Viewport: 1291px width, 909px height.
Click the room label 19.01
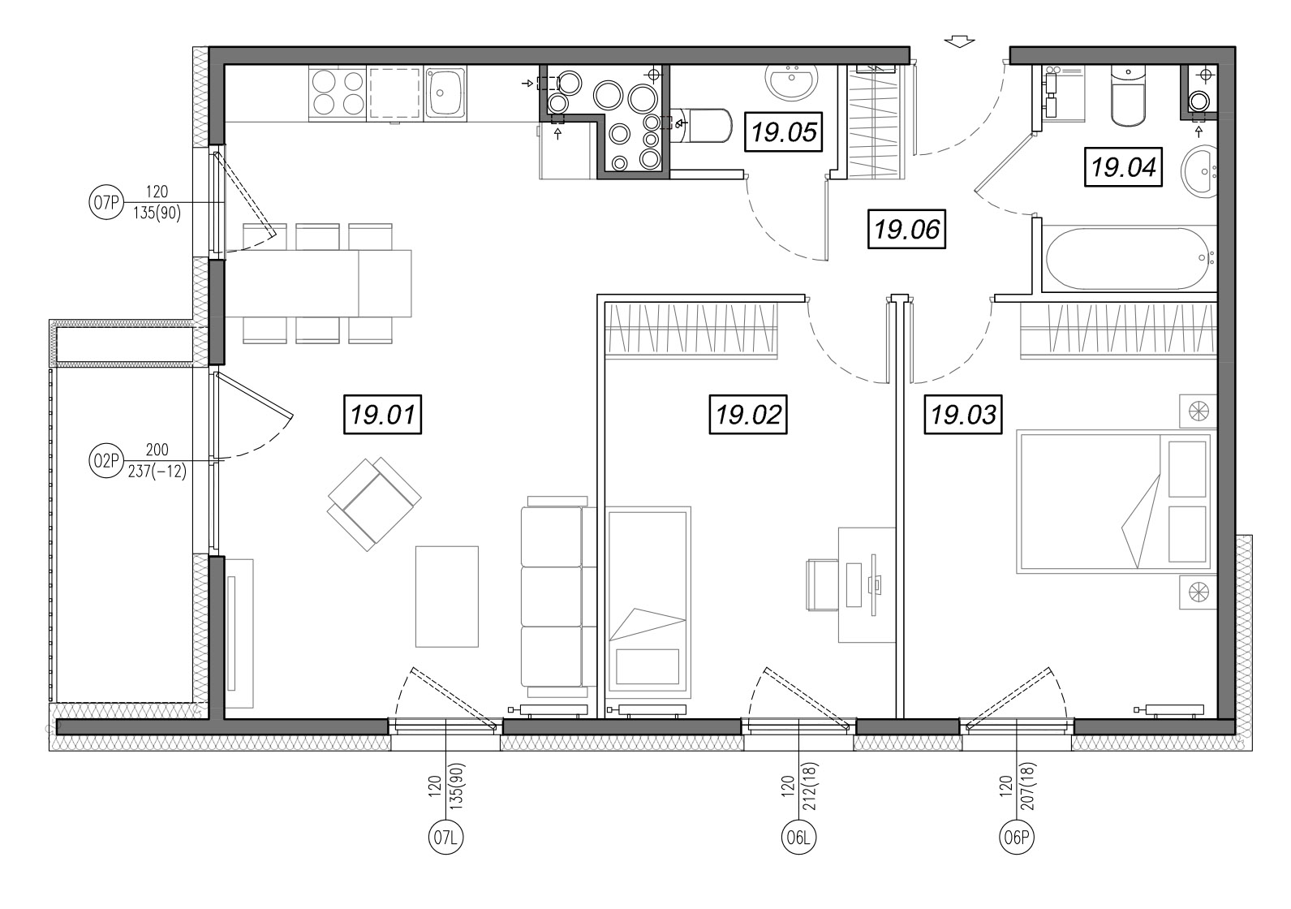click(383, 414)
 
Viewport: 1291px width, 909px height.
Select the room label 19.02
click(748, 414)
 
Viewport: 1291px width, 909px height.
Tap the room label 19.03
click(964, 414)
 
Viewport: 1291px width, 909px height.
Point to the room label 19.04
click(1123, 167)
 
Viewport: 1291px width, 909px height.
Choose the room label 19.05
click(783, 132)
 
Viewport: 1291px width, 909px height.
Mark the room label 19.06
click(907, 229)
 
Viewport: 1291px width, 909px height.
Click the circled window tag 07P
click(106, 202)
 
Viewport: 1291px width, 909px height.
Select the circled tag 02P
click(106, 460)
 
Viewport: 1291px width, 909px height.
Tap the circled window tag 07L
click(446, 837)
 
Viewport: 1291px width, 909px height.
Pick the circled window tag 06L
click(798, 837)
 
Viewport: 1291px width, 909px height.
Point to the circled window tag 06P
click(1017, 837)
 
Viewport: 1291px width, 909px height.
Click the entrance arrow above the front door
click(960, 41)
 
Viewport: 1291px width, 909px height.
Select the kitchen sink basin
click(445, 93)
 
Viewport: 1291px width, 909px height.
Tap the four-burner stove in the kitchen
click(338, 93)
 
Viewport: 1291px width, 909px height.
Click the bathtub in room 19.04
click(1130, 258)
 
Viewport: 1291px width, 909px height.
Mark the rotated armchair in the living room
click(375, 503)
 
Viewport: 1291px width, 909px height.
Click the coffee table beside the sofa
click(446, 596)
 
